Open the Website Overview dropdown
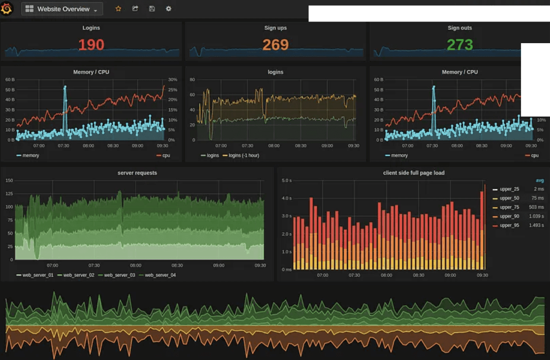[62, 9]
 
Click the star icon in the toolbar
[118, 9]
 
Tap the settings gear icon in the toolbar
[168, 9]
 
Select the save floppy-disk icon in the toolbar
[152, 9]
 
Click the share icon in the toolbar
[135, 9]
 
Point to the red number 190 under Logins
[91, 45]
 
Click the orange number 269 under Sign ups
[275, 45]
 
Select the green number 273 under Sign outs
[460, 45]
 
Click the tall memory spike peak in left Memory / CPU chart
[65, 87]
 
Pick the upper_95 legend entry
[509, 225]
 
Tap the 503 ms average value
[537, 207]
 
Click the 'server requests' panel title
[137, 173]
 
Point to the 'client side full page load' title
[414, 173]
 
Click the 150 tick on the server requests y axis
[9, 180]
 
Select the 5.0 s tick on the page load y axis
[287, 180]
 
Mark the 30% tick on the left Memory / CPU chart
[172, 80]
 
